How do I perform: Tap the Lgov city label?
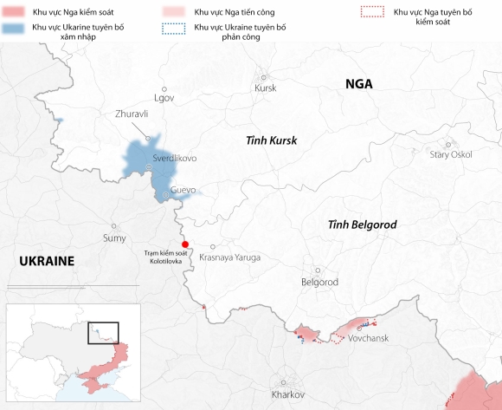pyautogui.click(x=164, y=97)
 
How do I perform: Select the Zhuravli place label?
pyautogui.click(x=132, y=114)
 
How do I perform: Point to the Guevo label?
pyautogui.click(x=183, y=190)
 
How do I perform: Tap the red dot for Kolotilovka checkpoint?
pyautogui.click(x=184, y=244)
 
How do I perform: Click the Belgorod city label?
pyautogui.click(x=319, y=283)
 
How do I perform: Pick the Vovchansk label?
pyautogui.click(x=368, y=338)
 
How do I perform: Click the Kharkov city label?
pyautogui.click(x=288, y=394)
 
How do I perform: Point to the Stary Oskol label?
pyautogui.click(x=451, y=154)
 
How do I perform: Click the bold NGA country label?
pyautogui.click(x=358, y=83)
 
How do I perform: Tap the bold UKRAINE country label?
pyautogui.click(x=46, y=261)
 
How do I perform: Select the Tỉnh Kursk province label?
pyautogui.click(x=271, y=140)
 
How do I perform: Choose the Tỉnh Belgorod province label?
pyautogui.click(x=362, y=225)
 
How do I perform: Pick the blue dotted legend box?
pyautogui.click(x=174, y=28)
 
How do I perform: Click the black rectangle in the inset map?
pyautogui.click(x=103, y=333)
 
